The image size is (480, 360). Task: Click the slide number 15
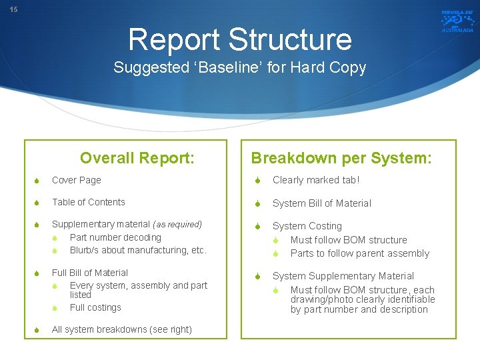pos(13,9)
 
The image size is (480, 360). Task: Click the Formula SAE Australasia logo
pos(457,21)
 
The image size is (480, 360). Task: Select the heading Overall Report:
pos(137,158)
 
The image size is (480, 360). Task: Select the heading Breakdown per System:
pos(341,158)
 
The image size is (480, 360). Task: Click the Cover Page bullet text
pos(76,180)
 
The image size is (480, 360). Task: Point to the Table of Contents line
pos(88,202)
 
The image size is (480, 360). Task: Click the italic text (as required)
pos(177,225)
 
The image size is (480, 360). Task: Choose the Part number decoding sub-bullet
pos(115,237)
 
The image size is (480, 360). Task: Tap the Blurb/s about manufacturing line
pos(138,250)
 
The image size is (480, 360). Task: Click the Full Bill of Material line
pos(90,273)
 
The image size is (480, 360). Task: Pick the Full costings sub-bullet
pos(95,307)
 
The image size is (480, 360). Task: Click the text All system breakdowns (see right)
pos(121,329)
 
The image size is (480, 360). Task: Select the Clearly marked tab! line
pos(316,180)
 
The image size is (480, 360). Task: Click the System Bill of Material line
pos(322,203)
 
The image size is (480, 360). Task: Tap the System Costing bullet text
pos(307,226)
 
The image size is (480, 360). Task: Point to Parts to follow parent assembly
pos(359,253)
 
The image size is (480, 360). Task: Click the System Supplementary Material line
pos(343,276)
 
